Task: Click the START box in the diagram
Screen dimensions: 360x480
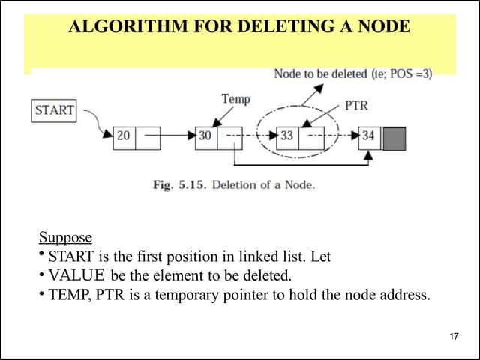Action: [x=54, y=110]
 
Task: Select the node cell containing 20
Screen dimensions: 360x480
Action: [x=124, y=136]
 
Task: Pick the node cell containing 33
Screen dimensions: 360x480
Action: [x=286, y=136]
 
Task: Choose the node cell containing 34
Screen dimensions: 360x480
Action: [x=368, y=136]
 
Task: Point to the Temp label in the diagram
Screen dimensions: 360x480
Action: [x=235, y=98]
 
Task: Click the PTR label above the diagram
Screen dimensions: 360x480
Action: [x=356, y=105]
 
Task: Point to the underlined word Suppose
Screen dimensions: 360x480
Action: [x=65, y=238]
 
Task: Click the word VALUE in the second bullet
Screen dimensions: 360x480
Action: [x=77, y=275]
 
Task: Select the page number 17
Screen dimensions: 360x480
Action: [x=453, y=335]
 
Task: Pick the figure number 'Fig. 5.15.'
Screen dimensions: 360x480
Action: [x=180, y=184]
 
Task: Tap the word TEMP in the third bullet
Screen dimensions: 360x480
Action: [x=69, y=294]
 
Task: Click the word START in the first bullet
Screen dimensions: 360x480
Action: [x=70, y=256]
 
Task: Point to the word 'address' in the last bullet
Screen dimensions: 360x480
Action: [x=404, y=294]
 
